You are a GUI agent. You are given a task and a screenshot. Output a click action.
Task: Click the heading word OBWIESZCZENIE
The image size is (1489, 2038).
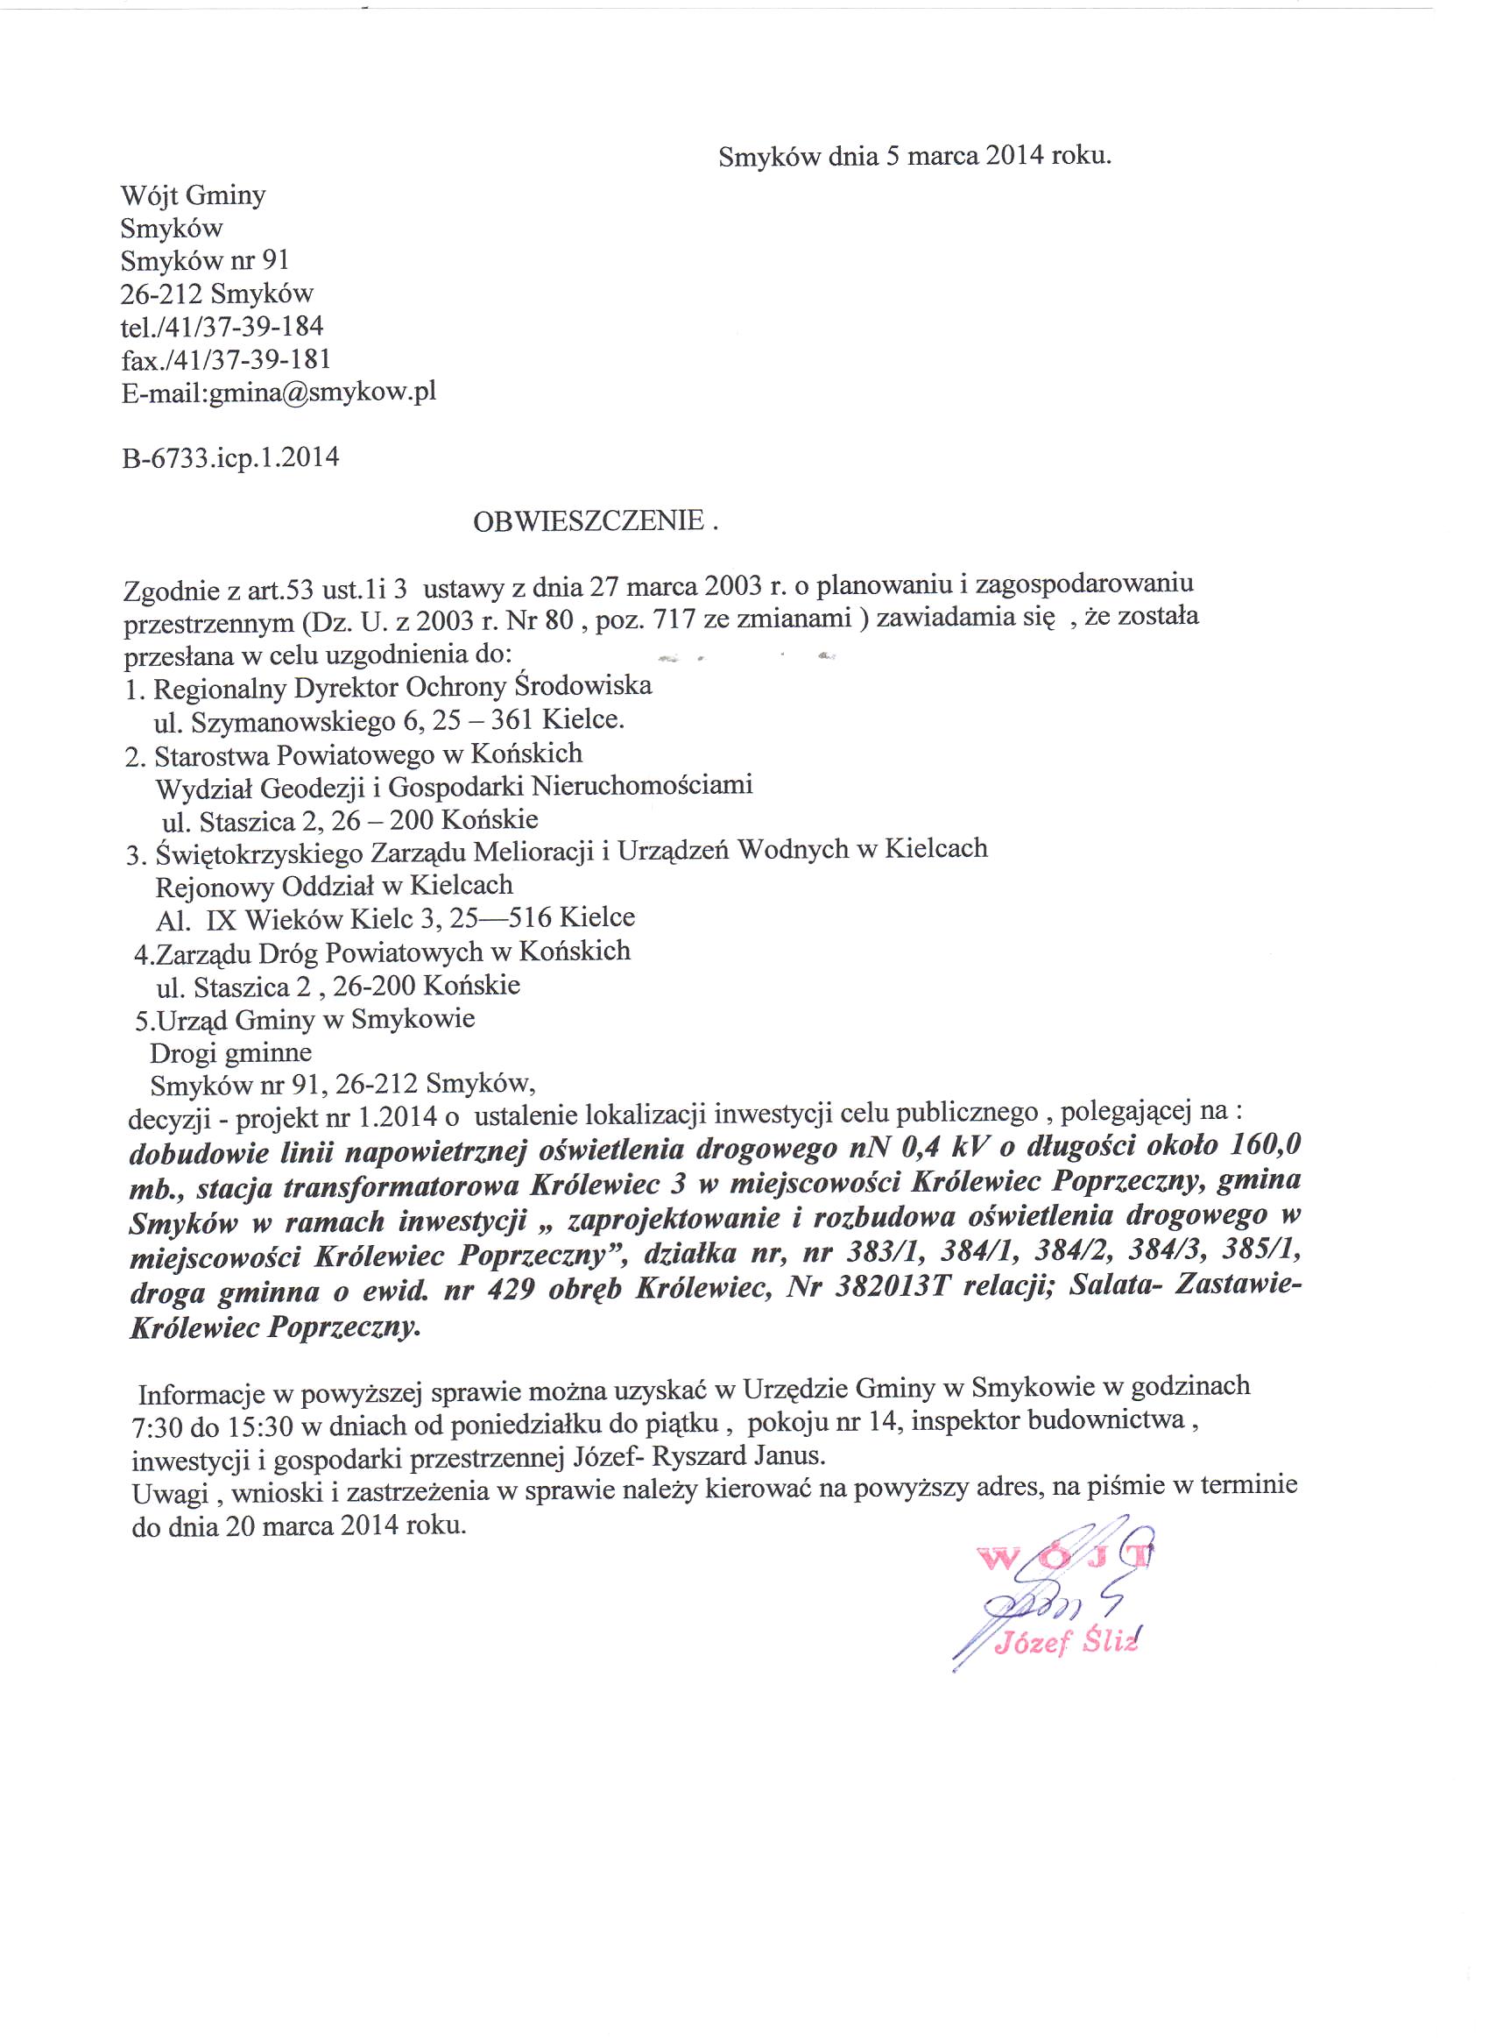[x=588, y=522]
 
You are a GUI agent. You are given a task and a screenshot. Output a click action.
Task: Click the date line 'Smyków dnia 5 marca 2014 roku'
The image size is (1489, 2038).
[x=914, y=156]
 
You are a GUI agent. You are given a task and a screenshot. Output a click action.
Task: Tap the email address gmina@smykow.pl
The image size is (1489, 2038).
[x=322, y=393]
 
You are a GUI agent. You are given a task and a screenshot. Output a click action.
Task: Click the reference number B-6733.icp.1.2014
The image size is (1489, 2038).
[x=230, y=458]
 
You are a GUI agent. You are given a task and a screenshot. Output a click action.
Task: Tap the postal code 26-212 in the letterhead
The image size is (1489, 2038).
[x=160, y=294]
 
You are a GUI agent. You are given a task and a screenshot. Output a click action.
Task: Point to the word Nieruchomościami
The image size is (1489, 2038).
[x=642, y=786]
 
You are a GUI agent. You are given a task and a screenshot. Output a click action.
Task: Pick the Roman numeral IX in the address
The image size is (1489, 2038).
[x=221, y=919]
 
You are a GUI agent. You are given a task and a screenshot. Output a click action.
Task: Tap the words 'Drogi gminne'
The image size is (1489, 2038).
[x=231, y=1053]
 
